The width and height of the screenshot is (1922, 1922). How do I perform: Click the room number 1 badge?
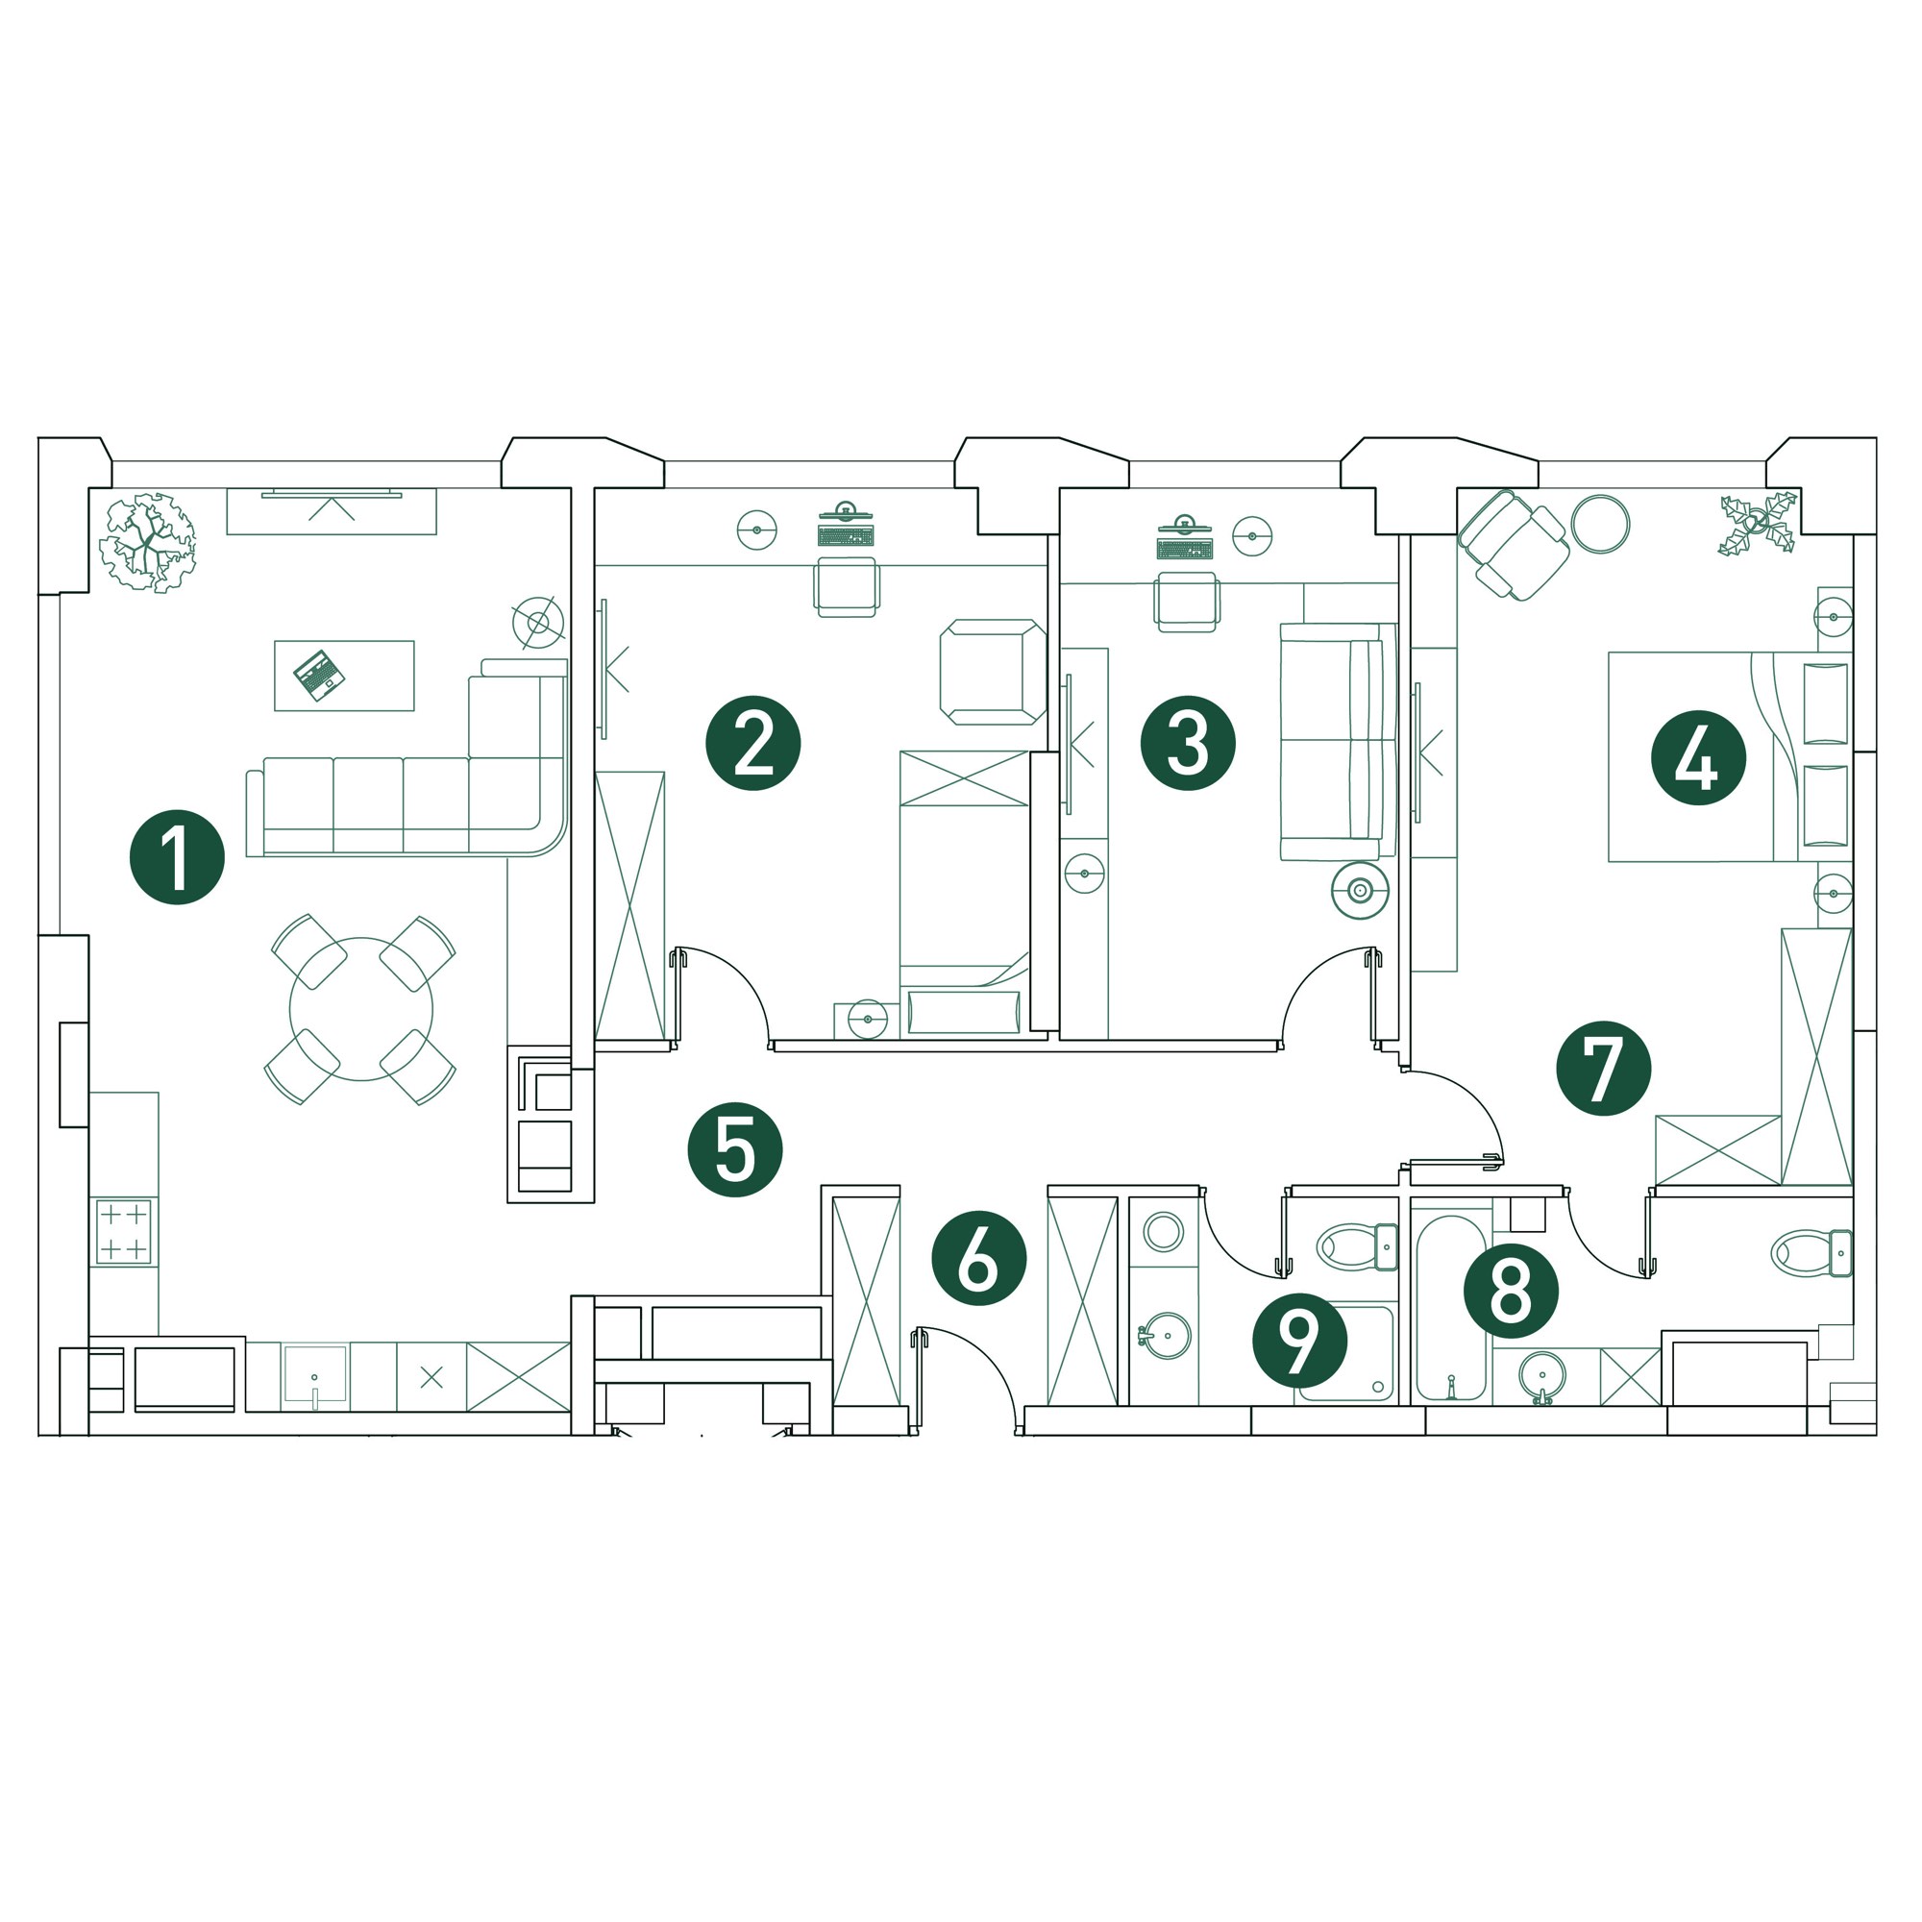click(177, 857)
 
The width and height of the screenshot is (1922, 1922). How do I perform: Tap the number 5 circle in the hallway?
click(735, 1149)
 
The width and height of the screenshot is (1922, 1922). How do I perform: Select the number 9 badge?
click(1299, 1340)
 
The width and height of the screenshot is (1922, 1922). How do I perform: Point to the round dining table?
click(361, 1009)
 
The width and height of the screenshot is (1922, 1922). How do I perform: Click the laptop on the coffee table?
click(319, 676)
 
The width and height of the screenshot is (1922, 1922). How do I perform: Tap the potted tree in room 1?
click(148, 543)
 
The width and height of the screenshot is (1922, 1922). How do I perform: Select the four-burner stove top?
click(123, 1232)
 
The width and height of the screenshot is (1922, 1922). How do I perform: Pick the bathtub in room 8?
click(1451, 1307)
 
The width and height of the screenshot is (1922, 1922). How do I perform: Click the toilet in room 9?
click(1357, 1247)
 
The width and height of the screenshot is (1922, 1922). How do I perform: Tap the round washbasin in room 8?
click(1542, 1377)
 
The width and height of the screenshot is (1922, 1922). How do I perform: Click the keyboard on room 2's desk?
click(846, 536)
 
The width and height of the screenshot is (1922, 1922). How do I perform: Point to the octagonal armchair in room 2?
click(993, 672)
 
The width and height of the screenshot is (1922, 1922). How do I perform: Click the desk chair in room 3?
click(1186, 601)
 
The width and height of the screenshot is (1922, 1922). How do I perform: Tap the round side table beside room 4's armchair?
click(1600, 525)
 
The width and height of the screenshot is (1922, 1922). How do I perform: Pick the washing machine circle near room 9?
click(1163, 1233)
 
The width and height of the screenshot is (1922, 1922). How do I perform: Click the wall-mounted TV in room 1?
click(332, 493)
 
